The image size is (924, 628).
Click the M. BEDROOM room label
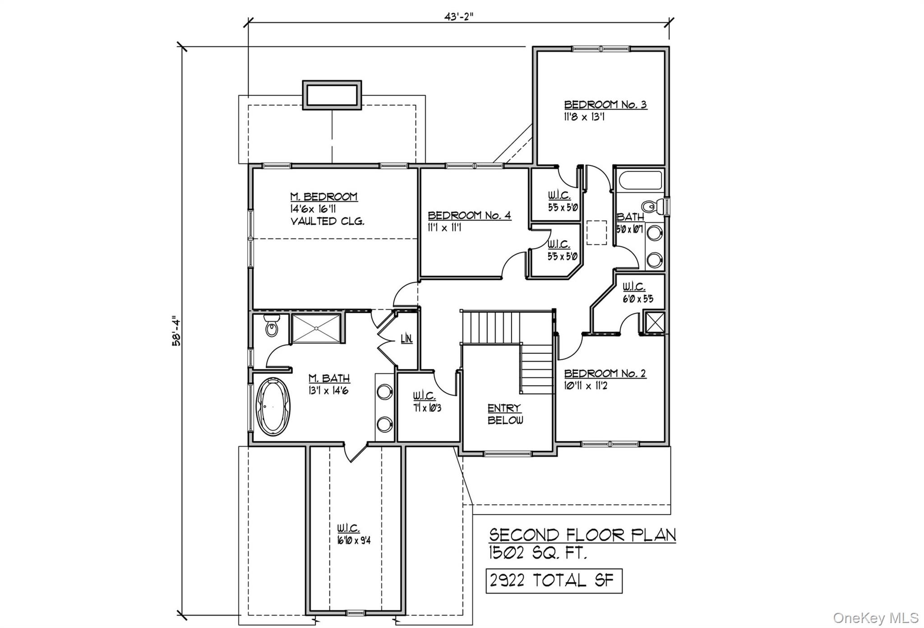(x=323, y=197)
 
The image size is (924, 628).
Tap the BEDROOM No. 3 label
(x=605, y=105)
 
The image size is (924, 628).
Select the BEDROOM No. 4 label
(x=469, y=215)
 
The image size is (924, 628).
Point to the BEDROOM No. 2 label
(x=605, y=373)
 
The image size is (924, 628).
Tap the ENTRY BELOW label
(x=505, y=414)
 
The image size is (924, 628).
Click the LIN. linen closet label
(x=407, y=339)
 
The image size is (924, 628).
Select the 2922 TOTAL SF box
(x=554, y=581)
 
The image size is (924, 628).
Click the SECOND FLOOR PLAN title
(x=582, y=535)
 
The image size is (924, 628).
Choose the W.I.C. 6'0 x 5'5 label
(x=637, y=293)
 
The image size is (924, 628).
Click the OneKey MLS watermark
(x=875, y=618)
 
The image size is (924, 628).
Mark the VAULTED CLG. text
(x=327, y=221)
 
